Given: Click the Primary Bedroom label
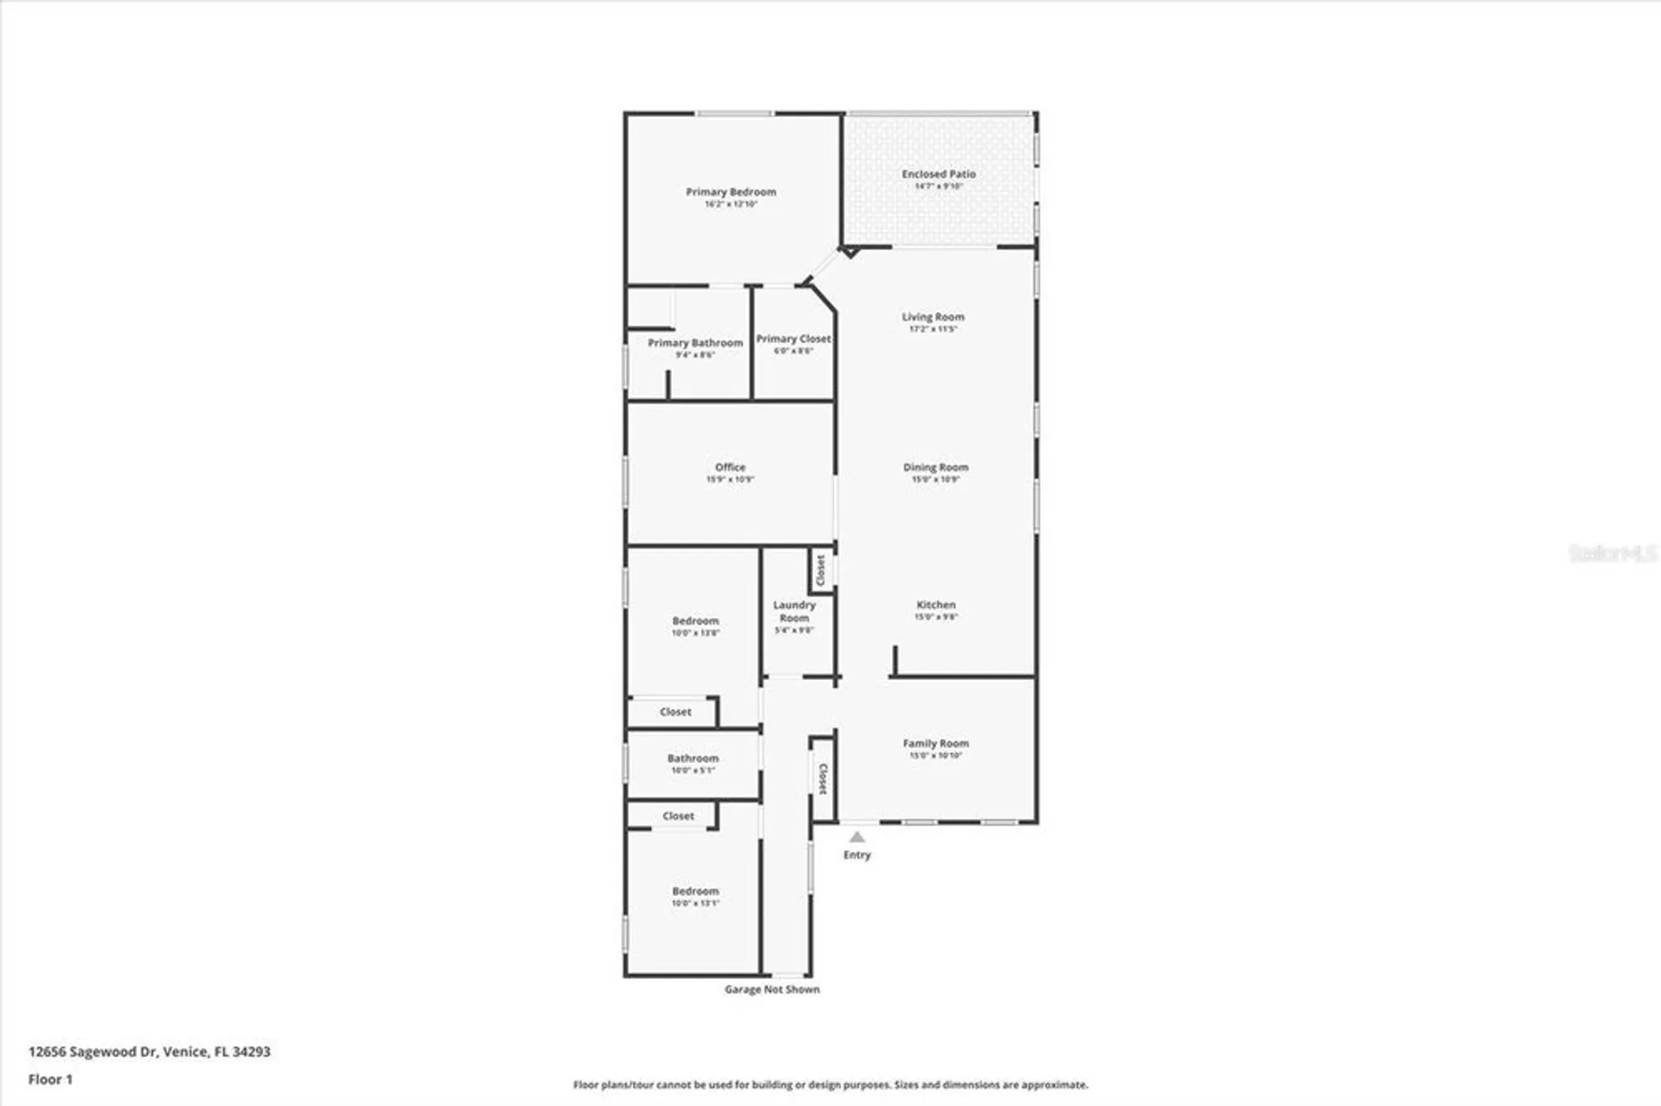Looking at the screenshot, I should coord(731,192).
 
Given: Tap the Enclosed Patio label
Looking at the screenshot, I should coord(938,174).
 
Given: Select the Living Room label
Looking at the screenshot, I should coord(933,317).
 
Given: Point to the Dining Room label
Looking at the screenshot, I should coord(935,467).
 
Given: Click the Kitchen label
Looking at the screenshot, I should coord(936,605).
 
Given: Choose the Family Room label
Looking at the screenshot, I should coord(936,744).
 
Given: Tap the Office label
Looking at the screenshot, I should coord(730,467).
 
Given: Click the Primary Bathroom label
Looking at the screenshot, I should coord(695,343).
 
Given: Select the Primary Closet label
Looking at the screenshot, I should coord(793,339).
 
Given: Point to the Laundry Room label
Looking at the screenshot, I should coord(794,611).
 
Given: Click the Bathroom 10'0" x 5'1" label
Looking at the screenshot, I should coord(693,759).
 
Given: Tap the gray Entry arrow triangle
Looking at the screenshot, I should coord(857,837).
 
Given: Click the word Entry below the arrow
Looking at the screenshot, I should coord(857,855).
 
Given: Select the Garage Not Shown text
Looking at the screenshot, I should coord(772,990).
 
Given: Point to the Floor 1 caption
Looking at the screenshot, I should coord(51,1079).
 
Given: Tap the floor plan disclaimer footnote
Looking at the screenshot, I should coord(830,1085).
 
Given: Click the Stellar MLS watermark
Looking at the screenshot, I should coord(1612,553).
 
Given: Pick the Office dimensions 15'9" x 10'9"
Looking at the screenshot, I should coord(730,480).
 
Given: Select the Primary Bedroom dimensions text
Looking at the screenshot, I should coord(731,204).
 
